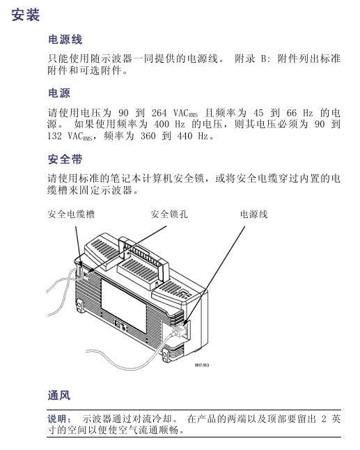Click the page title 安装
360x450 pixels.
coord(26,15)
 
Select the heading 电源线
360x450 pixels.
coord(65,40)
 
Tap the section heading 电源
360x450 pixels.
coord(59,93)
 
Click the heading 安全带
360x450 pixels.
coord(65,160)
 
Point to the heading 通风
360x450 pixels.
coord(59,396)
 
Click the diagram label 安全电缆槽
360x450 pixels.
coord(71,214)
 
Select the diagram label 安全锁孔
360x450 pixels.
coord(169,214)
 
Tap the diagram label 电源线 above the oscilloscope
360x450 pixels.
coord(254,214)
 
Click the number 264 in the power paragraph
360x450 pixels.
coord(159,113)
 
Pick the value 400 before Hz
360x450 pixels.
coord(162,124)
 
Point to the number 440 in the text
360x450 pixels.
coord(185,136)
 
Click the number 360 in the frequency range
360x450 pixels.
coord(148,136)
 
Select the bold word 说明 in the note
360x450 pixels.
coord(57,419)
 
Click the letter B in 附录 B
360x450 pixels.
coord(264,59)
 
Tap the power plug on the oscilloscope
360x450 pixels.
coord(178,332)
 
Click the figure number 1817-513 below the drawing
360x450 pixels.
coord(202,365)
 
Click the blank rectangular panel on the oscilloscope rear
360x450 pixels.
coord(124,305)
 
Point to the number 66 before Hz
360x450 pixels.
coord(292,113)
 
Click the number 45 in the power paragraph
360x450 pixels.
coord(258,113)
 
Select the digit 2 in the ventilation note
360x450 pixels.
coord(324,419)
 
